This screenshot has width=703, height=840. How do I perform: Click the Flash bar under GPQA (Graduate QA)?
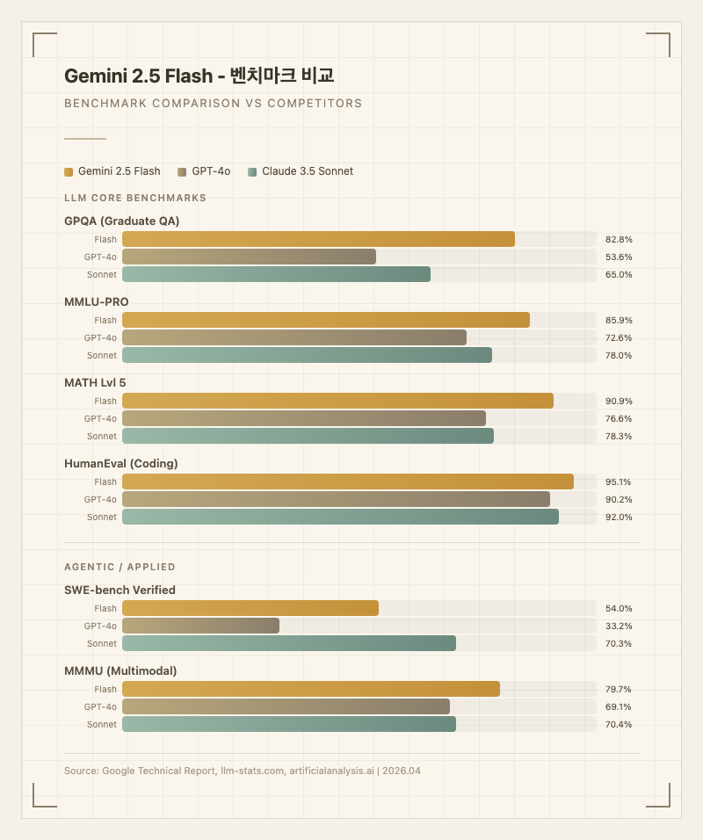[x=318, y=239]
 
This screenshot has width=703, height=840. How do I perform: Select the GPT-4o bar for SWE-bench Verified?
[x=200, y=626]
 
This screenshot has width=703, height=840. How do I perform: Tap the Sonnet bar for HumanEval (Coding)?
[x=340, y=517]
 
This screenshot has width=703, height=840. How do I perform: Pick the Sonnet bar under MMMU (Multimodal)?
[x=289, y=724]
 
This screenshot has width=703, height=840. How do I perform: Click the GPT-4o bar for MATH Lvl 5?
[x=304, y=418]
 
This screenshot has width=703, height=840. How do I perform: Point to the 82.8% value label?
[x=619, y=239]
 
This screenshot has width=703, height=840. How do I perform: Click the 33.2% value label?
[x=619, y=626]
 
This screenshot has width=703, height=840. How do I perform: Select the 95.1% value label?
[x=619, y=482]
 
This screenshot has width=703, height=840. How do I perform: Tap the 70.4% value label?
[x=619, y=724]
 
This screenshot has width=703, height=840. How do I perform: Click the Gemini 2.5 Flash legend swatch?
[x=69, y=171]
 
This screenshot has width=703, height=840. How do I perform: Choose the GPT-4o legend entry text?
[x=211, y=171]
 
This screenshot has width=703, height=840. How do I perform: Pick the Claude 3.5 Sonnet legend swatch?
[x=253, y=171]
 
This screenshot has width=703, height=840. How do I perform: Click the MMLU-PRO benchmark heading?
[x=97, y=301]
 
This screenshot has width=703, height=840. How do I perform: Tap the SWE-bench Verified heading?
[x=120, y=590]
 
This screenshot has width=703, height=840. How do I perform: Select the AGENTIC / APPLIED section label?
[x=120, y=567]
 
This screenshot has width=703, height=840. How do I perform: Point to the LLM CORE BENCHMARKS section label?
[x=135, y=198]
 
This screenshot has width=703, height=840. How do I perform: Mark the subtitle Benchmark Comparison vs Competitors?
[x=213, y=103]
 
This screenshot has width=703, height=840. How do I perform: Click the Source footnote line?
[x=243, y=771]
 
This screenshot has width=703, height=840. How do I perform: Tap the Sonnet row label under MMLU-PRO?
[x=102, y=355]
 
